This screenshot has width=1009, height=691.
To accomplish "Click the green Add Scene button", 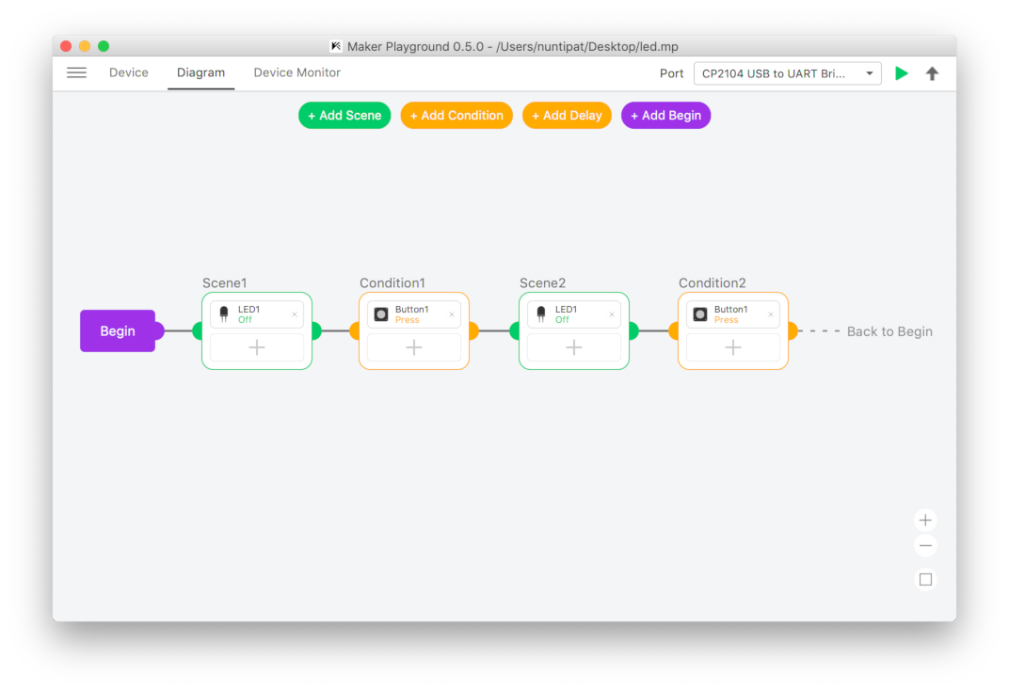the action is click(x=344, y=116).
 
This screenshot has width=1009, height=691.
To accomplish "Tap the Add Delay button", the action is click(x=567, y=116).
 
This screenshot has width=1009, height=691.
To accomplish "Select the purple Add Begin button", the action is click(x=665, y=116).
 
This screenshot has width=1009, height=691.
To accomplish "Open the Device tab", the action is click(x=129, y=72).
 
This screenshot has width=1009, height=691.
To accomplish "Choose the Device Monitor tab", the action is click(x=296, y=72).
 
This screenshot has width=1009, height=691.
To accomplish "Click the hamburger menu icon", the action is click(x=76, y=72).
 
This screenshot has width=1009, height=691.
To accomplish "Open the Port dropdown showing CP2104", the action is click(x=787, y=73).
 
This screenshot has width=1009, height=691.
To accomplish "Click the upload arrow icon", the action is click(x=932, y=73).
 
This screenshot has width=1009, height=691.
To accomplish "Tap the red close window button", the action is click(x=66, y=46).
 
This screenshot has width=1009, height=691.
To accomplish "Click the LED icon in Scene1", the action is click(x=224, y=314).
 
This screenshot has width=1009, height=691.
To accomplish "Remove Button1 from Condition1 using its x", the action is click(x=452, y=314).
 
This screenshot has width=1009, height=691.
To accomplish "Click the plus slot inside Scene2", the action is click(x=573, y=347).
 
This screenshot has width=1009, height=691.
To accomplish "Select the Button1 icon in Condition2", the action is click(x=700, y=314).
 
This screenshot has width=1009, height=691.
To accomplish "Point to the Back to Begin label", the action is click(x=889, y=331).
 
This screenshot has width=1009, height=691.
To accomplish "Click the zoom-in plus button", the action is click(x=925, y=520).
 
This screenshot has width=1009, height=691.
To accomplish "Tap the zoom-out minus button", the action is click(x=925, y=546).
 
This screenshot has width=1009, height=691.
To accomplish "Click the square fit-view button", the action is click(x=925, y=580).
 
